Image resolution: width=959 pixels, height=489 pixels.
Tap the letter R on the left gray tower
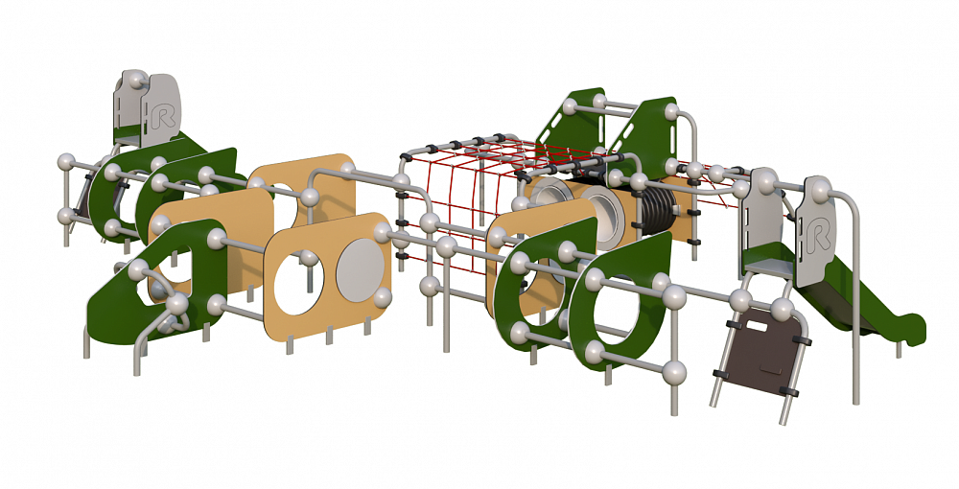coord(163,116)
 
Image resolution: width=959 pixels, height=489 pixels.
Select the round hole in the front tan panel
coord(298,282)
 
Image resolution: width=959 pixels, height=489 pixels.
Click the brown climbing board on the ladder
coord(761,351)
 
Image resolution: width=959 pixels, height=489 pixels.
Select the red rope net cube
coord(465,196)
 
